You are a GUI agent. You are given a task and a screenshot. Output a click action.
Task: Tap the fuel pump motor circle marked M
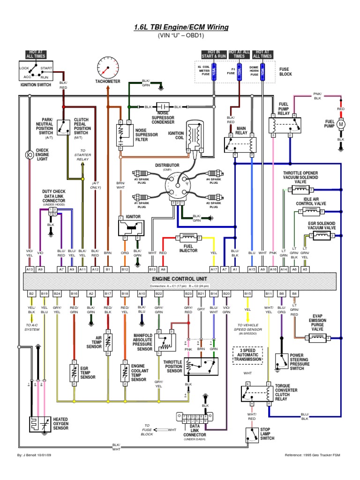341,124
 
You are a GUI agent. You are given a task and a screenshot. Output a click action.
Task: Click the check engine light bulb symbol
30,153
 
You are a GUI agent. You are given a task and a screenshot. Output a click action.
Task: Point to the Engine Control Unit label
180,279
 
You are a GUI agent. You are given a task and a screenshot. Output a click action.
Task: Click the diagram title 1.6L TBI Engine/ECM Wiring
181,27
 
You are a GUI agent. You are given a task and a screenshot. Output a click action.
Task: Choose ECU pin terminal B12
125,269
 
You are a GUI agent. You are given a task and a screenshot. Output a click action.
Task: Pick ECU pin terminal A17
214,269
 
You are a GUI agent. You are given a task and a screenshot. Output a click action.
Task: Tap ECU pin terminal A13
30,269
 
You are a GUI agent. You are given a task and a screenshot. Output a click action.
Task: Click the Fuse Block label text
285,71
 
